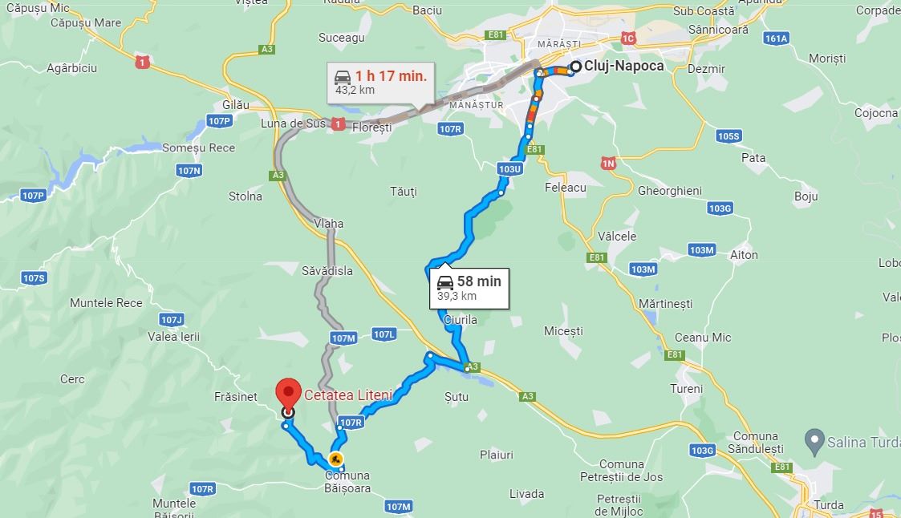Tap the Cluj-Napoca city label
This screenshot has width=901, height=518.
(x=624, y=66)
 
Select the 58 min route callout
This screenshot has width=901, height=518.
(x=469, y=287)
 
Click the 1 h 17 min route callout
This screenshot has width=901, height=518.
(x=381, y=82)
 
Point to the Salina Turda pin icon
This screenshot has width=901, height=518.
(x=815, y=440)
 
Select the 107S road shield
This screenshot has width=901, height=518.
(x=34, y=278)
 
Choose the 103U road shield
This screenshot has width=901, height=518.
(x=510, y=169)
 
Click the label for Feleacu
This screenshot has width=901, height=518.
(x=566, y=187)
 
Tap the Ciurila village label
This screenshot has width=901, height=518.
(x=460, y=320)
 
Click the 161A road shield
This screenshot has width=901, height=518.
(x=777, y=38)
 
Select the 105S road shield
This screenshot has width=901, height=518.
(x=729, y=136)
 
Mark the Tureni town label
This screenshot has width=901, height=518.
(x=686, y=389)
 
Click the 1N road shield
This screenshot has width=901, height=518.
(x=608, y=163)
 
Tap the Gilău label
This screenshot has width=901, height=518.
(x=237, y=105)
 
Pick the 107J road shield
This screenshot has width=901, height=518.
(x=172, y=319)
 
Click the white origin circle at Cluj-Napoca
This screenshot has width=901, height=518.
(x=575, y=67)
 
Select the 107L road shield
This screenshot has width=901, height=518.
(x=384, y=334)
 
